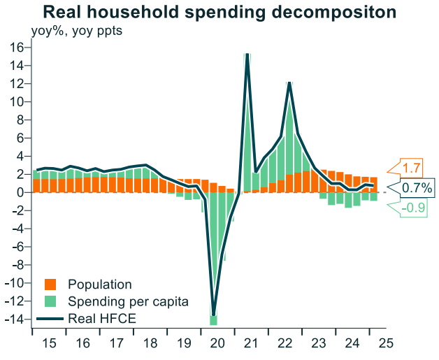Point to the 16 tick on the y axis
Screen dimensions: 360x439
(17, 48)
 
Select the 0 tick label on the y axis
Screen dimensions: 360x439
(20, 192)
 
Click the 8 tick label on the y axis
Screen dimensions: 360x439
(20, 120)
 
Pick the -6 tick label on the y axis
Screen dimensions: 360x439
(17, 247)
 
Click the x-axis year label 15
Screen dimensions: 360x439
(49, 344)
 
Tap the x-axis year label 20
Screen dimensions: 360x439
(217, 344)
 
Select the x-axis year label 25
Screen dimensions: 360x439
(385, 344)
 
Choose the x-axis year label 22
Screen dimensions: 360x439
(285, 344)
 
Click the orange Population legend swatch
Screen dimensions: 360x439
(50, 285)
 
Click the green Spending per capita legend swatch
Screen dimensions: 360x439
(50, 302)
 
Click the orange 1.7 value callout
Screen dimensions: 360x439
(412, 168)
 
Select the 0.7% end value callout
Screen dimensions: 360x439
(417, 188)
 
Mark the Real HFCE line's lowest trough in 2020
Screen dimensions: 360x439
(213, 314)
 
